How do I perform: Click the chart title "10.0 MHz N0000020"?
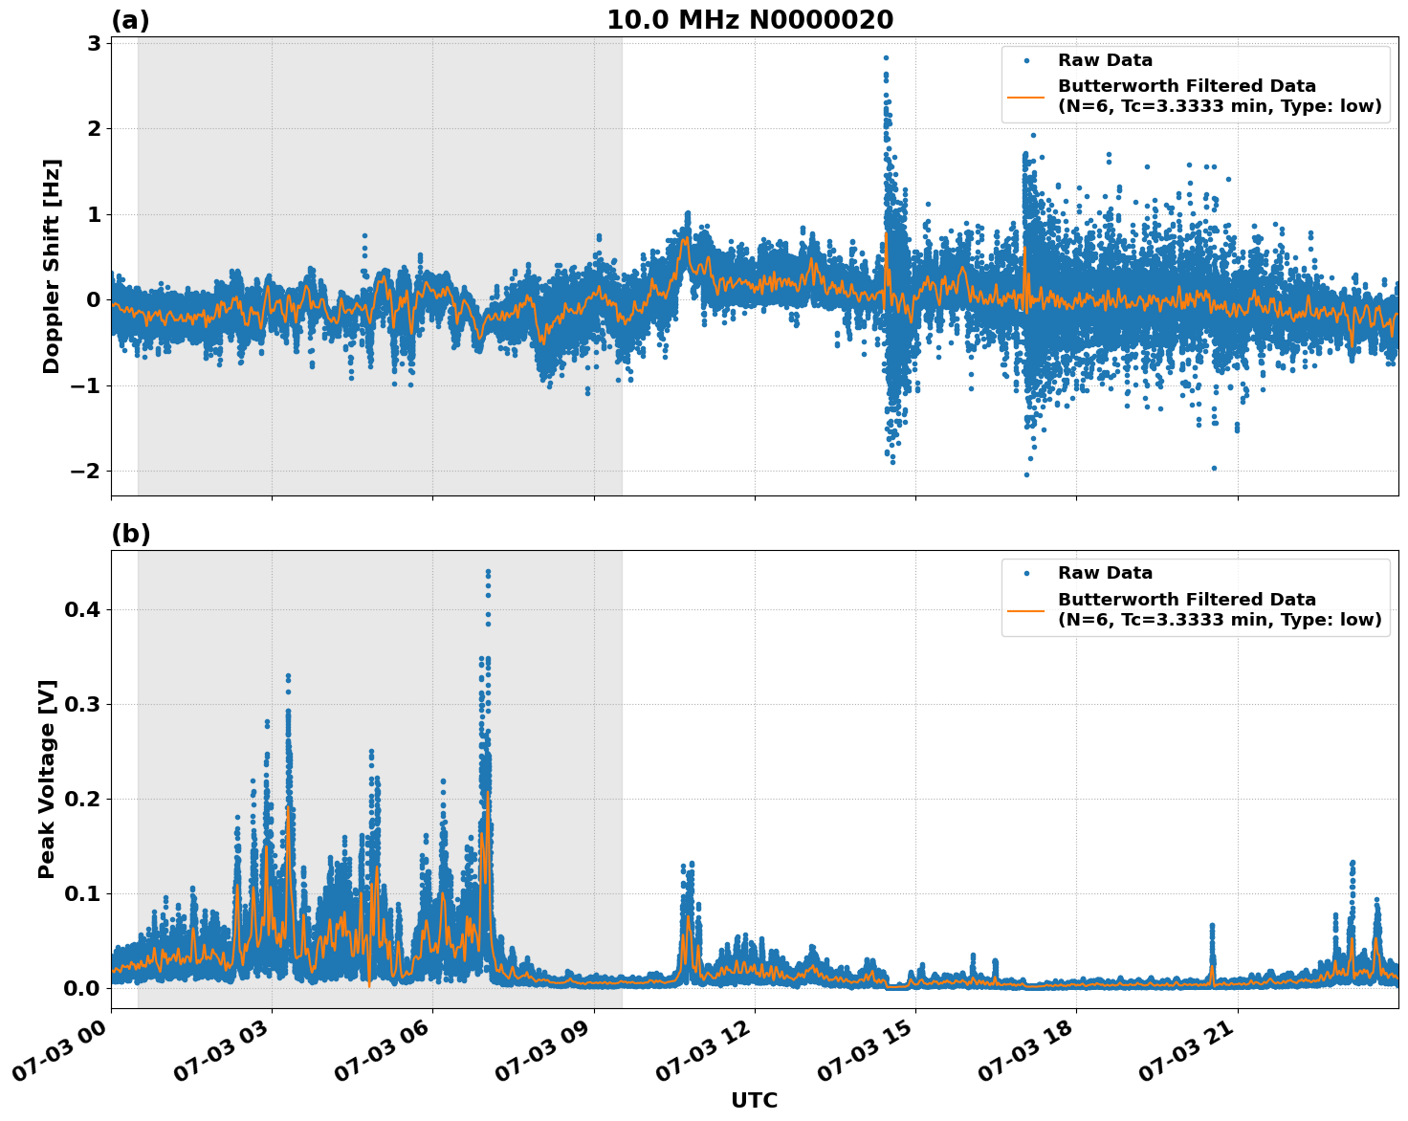pyautogui.click(x=750, y=20)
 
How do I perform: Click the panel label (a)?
pyautogui.click(x=130, y=20)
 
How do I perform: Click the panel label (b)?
pyautogui.click(x=130, y=534)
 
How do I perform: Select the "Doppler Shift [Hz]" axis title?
pyautogui.click(x=52, y=266)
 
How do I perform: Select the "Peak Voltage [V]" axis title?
pyautogui.click(x=48, y=780)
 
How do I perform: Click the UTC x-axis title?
pyautogui.click(x=754, y=1100)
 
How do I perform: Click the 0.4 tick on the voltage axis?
pyautogui.click(x=83, y=609)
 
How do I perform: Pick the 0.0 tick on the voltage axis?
pyautogui.click(x=83, y=988)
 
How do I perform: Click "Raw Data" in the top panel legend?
pyautogui.click(x=1105, y=60)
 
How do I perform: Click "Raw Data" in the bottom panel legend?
pyautogui.click(x=1105, y=573)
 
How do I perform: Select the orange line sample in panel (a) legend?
pyautogui.click(x=1025, y=97)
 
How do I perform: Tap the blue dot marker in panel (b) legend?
pyautogui.click(x=1025, y=573)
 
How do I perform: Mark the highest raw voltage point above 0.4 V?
pyautogui.click(x=488, y=572)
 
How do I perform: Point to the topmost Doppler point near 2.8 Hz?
pyautogui.click(x=886, y=57)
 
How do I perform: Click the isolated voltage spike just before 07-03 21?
pyautogui.click(x=1212, y=926)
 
